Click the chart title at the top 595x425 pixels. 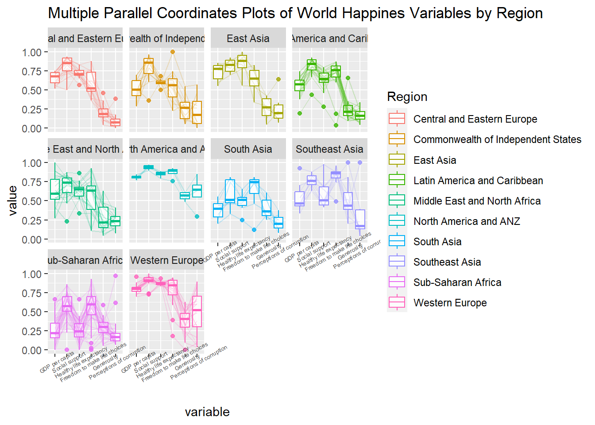295,13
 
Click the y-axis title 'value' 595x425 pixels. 13,201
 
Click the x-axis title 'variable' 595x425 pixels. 207,412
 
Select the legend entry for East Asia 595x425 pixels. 435,160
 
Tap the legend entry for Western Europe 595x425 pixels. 450,303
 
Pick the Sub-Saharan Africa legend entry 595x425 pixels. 457,282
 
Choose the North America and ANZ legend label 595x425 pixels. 467,221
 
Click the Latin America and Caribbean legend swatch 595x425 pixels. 397,180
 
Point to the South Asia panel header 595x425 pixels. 248,149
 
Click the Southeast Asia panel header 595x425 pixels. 329,149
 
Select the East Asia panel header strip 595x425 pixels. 248,39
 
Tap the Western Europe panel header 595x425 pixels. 166,260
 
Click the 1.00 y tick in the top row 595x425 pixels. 31,52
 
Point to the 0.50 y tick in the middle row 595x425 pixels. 31,201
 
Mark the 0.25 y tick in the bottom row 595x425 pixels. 31,331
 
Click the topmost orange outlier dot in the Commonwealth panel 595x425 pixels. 173,52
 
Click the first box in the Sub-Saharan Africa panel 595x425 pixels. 55,330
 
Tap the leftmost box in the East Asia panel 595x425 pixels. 218,72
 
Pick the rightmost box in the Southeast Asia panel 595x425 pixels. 360,219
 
